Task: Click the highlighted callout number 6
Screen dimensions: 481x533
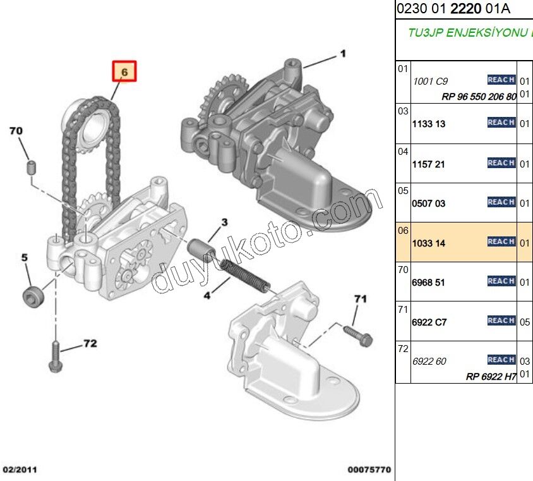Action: point(124,72)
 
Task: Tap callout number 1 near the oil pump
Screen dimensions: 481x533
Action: point(343,54)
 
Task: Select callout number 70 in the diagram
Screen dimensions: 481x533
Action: point(16,131)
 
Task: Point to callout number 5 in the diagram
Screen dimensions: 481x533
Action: point(25,258)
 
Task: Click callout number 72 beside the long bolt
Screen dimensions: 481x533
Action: point(90,344)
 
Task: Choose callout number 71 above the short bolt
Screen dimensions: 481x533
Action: point(360,298)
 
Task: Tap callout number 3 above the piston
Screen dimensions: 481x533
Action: point(224,222)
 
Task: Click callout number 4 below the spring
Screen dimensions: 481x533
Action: point(208,295)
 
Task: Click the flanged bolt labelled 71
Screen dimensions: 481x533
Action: point(358,336)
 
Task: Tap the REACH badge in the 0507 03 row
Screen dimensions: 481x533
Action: point(501,202)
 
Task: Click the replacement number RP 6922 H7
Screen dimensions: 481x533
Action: point(491,377)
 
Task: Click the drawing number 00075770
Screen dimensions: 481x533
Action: point(369,470)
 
